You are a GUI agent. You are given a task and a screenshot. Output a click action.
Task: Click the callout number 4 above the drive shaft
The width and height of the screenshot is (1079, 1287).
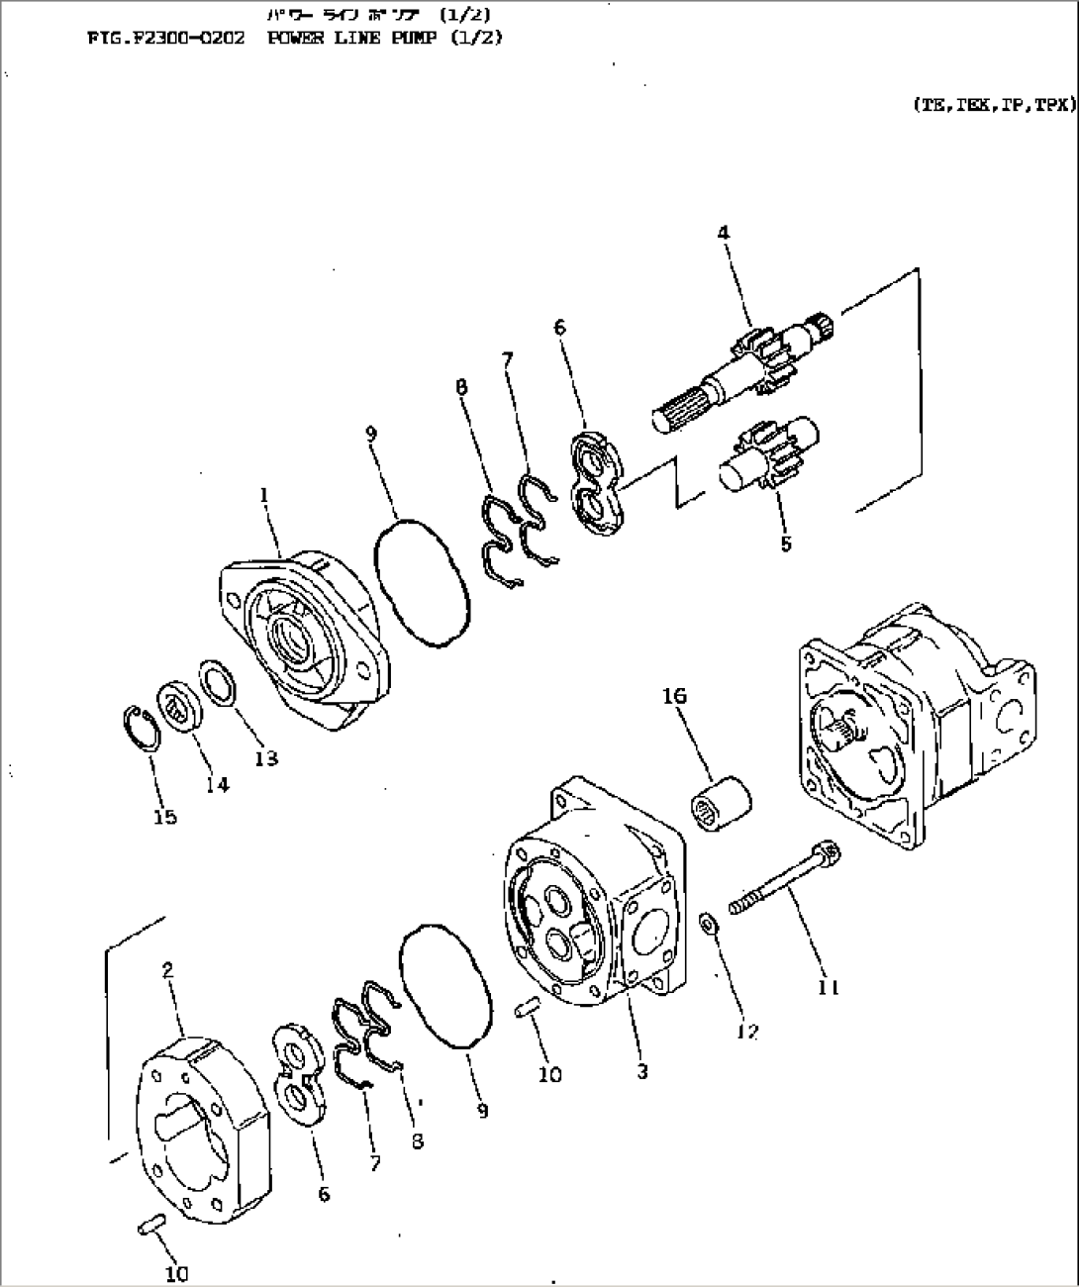[x=724, y=233]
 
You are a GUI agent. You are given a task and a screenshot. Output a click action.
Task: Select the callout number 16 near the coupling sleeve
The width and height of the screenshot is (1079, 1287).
[x=674, y=697]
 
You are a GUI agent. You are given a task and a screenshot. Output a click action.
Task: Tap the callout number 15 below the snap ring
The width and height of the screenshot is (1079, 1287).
[x=164, y=817]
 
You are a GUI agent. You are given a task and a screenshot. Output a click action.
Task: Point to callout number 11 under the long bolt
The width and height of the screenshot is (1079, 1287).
[x=829, y=986]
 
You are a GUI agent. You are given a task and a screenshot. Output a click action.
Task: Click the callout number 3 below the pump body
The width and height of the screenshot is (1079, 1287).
[x=642, y=1071]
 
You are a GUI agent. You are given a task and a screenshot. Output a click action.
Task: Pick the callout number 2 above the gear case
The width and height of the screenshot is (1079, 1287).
[x=168, y=971]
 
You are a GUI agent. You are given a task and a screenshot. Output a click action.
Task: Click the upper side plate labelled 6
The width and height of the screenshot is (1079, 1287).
[x=597, y=481]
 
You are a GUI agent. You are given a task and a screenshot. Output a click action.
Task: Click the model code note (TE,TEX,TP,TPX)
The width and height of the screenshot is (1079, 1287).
[x=993, y=103]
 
